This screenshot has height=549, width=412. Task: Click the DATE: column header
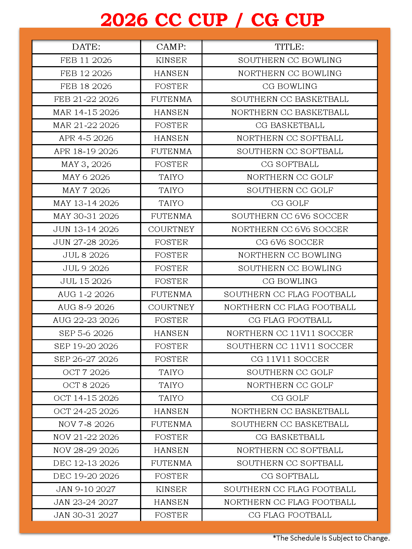[x=86, y=47]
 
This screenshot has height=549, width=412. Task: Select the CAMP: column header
[x=171, y=47]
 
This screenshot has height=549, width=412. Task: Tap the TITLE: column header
[x=289, y=47]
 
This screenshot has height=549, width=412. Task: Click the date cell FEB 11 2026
[x=86, y=60]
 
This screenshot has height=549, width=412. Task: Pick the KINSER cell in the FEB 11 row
[x=171, y=60]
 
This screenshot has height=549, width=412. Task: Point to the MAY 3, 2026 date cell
[x=86, y=164]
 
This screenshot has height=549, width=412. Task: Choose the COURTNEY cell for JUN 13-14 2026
[x=171, y=229]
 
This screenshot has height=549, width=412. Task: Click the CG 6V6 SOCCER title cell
[x=289, y=242]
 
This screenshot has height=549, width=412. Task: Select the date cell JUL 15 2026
[x=86, y=281]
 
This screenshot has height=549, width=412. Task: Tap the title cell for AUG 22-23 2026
[x=289, y=320]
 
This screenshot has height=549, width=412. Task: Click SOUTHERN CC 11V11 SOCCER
[x=289, y=346]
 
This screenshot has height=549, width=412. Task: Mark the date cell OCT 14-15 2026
[x=86, y=398]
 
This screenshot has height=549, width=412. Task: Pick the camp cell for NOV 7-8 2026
[x=171, y=424]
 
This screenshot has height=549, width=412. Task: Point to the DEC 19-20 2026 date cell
[x=86, y=476]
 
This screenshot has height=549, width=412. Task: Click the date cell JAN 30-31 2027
[x=86, y=515]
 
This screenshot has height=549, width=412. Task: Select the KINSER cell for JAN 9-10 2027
[x=171, y=489]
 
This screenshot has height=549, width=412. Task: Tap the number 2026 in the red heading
[x=124, y=20]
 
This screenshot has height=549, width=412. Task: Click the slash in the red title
[x=239, y=20]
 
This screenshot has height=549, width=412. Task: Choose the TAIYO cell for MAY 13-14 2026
[x=171, y=203]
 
